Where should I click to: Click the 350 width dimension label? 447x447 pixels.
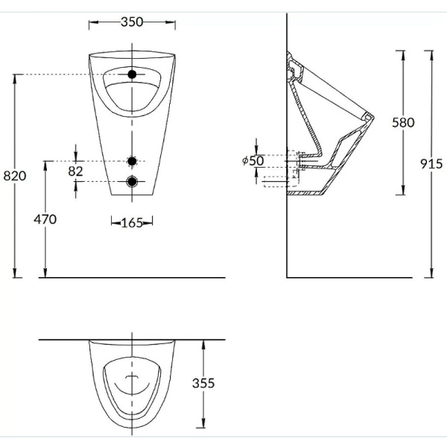pos(132,22)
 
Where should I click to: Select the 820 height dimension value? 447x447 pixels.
pos(15,176)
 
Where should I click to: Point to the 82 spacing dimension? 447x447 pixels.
pos(75,171)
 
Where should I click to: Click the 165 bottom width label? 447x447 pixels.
pos(133,222)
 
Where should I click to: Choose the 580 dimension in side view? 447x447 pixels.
pos(403,122)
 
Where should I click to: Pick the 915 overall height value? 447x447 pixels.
pos(431,164)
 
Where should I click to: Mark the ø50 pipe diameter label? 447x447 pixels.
pos(253,160)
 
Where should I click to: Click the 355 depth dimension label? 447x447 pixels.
pos(203,383)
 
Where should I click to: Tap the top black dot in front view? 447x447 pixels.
pos(133,74)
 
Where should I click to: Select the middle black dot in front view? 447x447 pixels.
pos(133,161)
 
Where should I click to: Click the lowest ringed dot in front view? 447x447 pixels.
pos(133,181)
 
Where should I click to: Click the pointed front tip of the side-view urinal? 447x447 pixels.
pos(372,118)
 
